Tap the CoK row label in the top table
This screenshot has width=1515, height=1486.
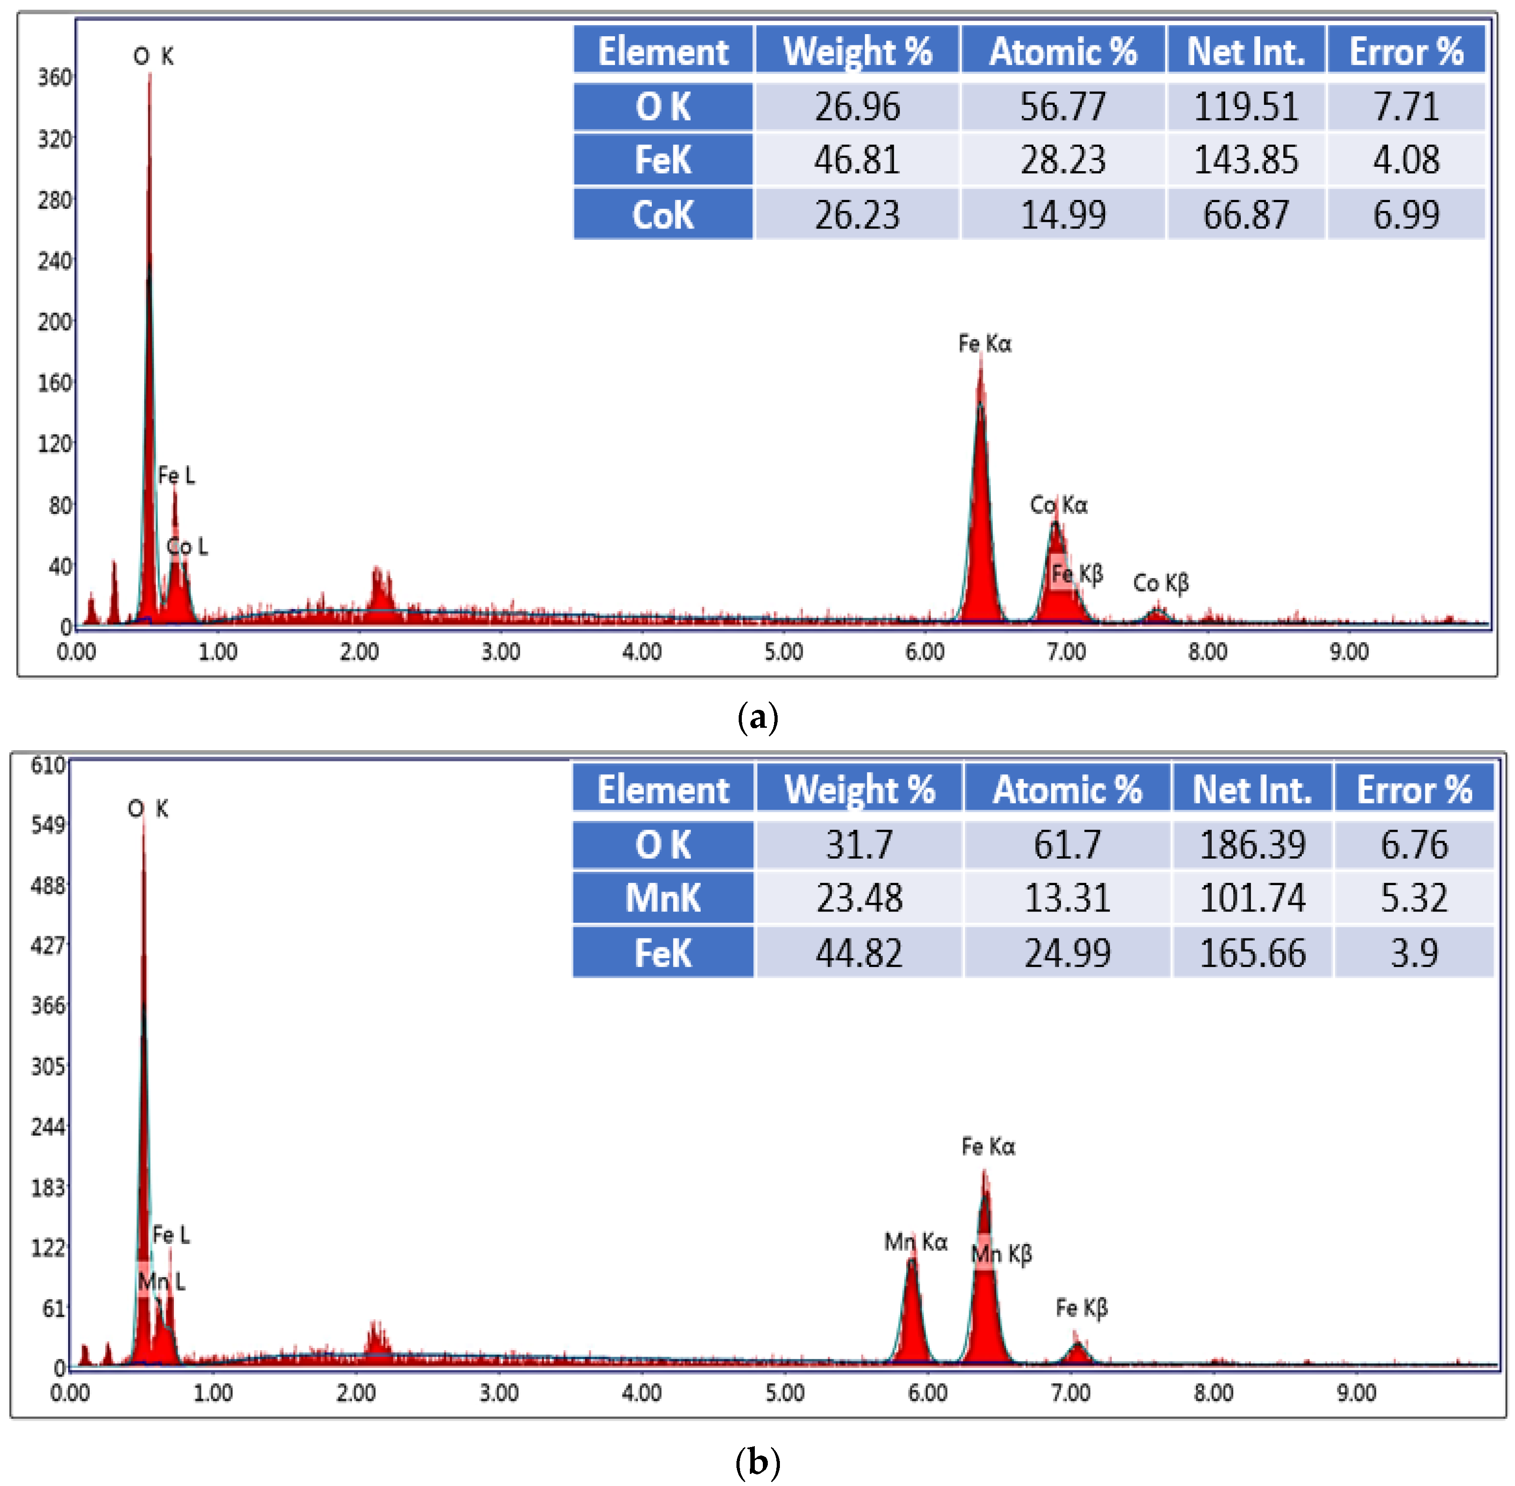click(x=663, y=215)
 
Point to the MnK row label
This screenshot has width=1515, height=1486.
click(x=663, y=898)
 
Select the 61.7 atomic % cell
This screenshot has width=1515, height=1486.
click(x=1067, y=844)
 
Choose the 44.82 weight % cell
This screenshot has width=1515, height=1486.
click(x=858, y=953)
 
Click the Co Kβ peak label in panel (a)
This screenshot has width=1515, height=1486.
click(x=1160, y=583)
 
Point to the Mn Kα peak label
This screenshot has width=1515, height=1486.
click(x=915, y=1242)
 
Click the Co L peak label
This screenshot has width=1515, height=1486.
click(x=187, y=546)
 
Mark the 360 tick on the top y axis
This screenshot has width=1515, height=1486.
click(x=55, y=77)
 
